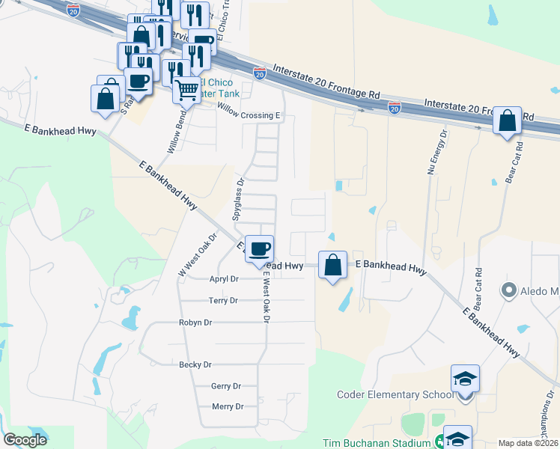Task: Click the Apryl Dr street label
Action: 224,278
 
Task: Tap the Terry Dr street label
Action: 224,300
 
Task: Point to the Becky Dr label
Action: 195,364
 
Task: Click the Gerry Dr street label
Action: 226,386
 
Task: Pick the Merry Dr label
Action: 228,406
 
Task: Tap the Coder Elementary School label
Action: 395,394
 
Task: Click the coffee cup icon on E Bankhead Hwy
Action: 259,248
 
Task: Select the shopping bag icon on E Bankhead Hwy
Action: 332,264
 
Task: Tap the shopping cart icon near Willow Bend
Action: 186,90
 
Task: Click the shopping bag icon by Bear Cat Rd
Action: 507,120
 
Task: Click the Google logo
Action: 25,440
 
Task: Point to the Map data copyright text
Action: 529,443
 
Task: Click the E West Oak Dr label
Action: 265,297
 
